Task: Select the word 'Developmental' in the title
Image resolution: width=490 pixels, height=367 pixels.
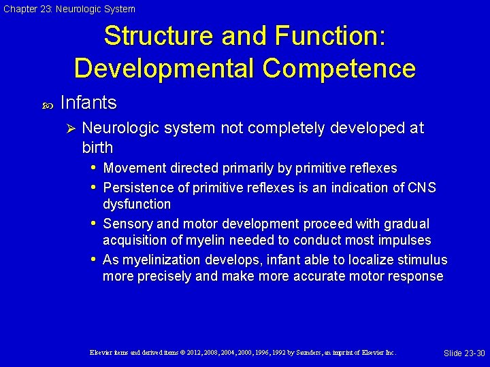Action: (x=163, y=68)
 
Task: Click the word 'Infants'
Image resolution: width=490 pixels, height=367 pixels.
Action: (x=88, y=103)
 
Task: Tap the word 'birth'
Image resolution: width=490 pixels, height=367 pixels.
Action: (x=97, y=147)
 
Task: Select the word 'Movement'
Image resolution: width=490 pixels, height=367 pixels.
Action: (x=131, y=168)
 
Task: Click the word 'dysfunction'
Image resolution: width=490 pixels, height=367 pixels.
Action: (x=137, y=204)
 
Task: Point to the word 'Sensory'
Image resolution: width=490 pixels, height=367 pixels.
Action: (x=126, y=224)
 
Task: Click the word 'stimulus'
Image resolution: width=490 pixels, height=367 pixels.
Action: (x=421, y=260)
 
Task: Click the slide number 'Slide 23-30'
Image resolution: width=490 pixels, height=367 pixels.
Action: (x=463, y=353)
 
